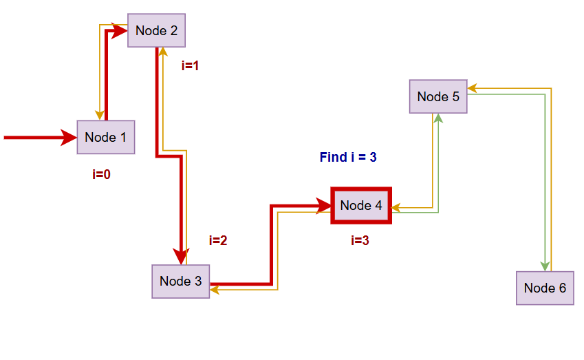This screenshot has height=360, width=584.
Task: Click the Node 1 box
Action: tap(105, 137)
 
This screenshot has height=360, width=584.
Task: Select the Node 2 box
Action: tap(156, 30)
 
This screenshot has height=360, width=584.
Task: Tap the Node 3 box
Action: tap(180, 281)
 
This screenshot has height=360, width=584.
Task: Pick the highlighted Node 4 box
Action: tap(361, 205)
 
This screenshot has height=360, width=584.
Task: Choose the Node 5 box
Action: tap(438, 96)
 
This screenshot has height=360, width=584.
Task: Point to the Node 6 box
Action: tap(545, 288)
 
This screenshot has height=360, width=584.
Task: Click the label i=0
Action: tap(101, 175)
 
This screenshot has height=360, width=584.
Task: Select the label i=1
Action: tap(190, 66)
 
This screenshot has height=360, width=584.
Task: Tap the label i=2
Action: tap(218, 241)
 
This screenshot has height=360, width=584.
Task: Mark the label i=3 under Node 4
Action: tap(360, 241)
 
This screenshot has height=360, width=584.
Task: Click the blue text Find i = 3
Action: tap(348, 158)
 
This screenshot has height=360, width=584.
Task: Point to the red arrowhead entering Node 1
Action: tap(69, 138)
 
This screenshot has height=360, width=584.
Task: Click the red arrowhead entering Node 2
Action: tap(120, 31)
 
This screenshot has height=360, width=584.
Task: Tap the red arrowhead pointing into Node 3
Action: tap(181, 256)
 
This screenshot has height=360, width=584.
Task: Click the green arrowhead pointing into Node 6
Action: tap(545, 266)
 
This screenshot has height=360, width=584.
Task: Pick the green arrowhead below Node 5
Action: tap(438, 118)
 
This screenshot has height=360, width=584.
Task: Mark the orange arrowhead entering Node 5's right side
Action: tap(472, 88)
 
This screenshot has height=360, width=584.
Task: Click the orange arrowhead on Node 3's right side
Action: tap(215, 290)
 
